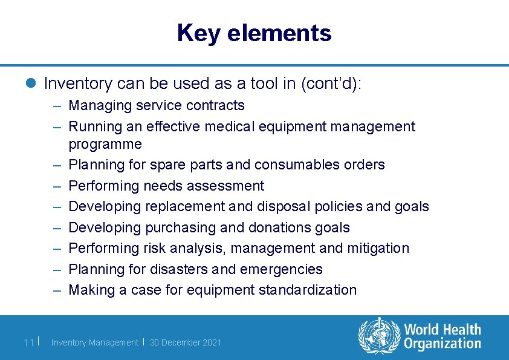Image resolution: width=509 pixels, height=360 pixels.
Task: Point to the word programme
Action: click(105, 145)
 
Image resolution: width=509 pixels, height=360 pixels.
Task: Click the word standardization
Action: click(308, 290)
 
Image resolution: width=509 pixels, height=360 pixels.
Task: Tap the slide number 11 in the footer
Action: click(28, 342)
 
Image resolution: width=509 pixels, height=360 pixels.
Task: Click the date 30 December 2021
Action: click(186, 342)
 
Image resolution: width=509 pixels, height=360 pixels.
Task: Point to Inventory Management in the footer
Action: click(94, 342)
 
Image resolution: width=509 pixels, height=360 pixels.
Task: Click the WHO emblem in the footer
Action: click(379, 336)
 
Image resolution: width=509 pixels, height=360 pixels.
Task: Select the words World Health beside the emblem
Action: click(443, 330)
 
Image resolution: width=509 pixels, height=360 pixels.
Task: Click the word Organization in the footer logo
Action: click(443, 344)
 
